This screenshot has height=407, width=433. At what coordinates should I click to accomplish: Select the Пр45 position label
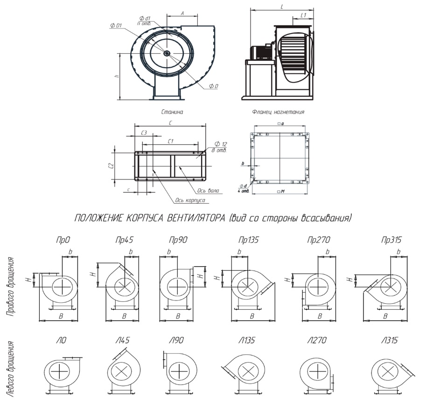pyautogui.click(x=124, y=240)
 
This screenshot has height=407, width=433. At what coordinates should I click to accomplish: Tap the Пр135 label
pyautogui.click(x=248, y=240)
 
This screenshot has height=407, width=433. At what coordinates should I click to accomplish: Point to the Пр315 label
pyautogui.click(x=391, y=240)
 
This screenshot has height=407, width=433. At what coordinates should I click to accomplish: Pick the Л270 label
pyautogui.click(x=317, y=341)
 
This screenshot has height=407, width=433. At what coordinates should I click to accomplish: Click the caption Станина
pyautogui.click(x=172, y=112)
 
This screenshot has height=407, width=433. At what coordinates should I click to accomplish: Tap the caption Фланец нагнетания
pyautogui.click(x=278, y=112)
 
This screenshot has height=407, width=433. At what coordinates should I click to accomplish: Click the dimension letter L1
pyautogui.click(x=303, y=15)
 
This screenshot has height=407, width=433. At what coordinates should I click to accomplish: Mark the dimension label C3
pyautogui.click(x=144, y=133)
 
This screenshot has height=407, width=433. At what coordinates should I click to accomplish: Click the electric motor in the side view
pyautogui.click(x=259, y=52)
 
